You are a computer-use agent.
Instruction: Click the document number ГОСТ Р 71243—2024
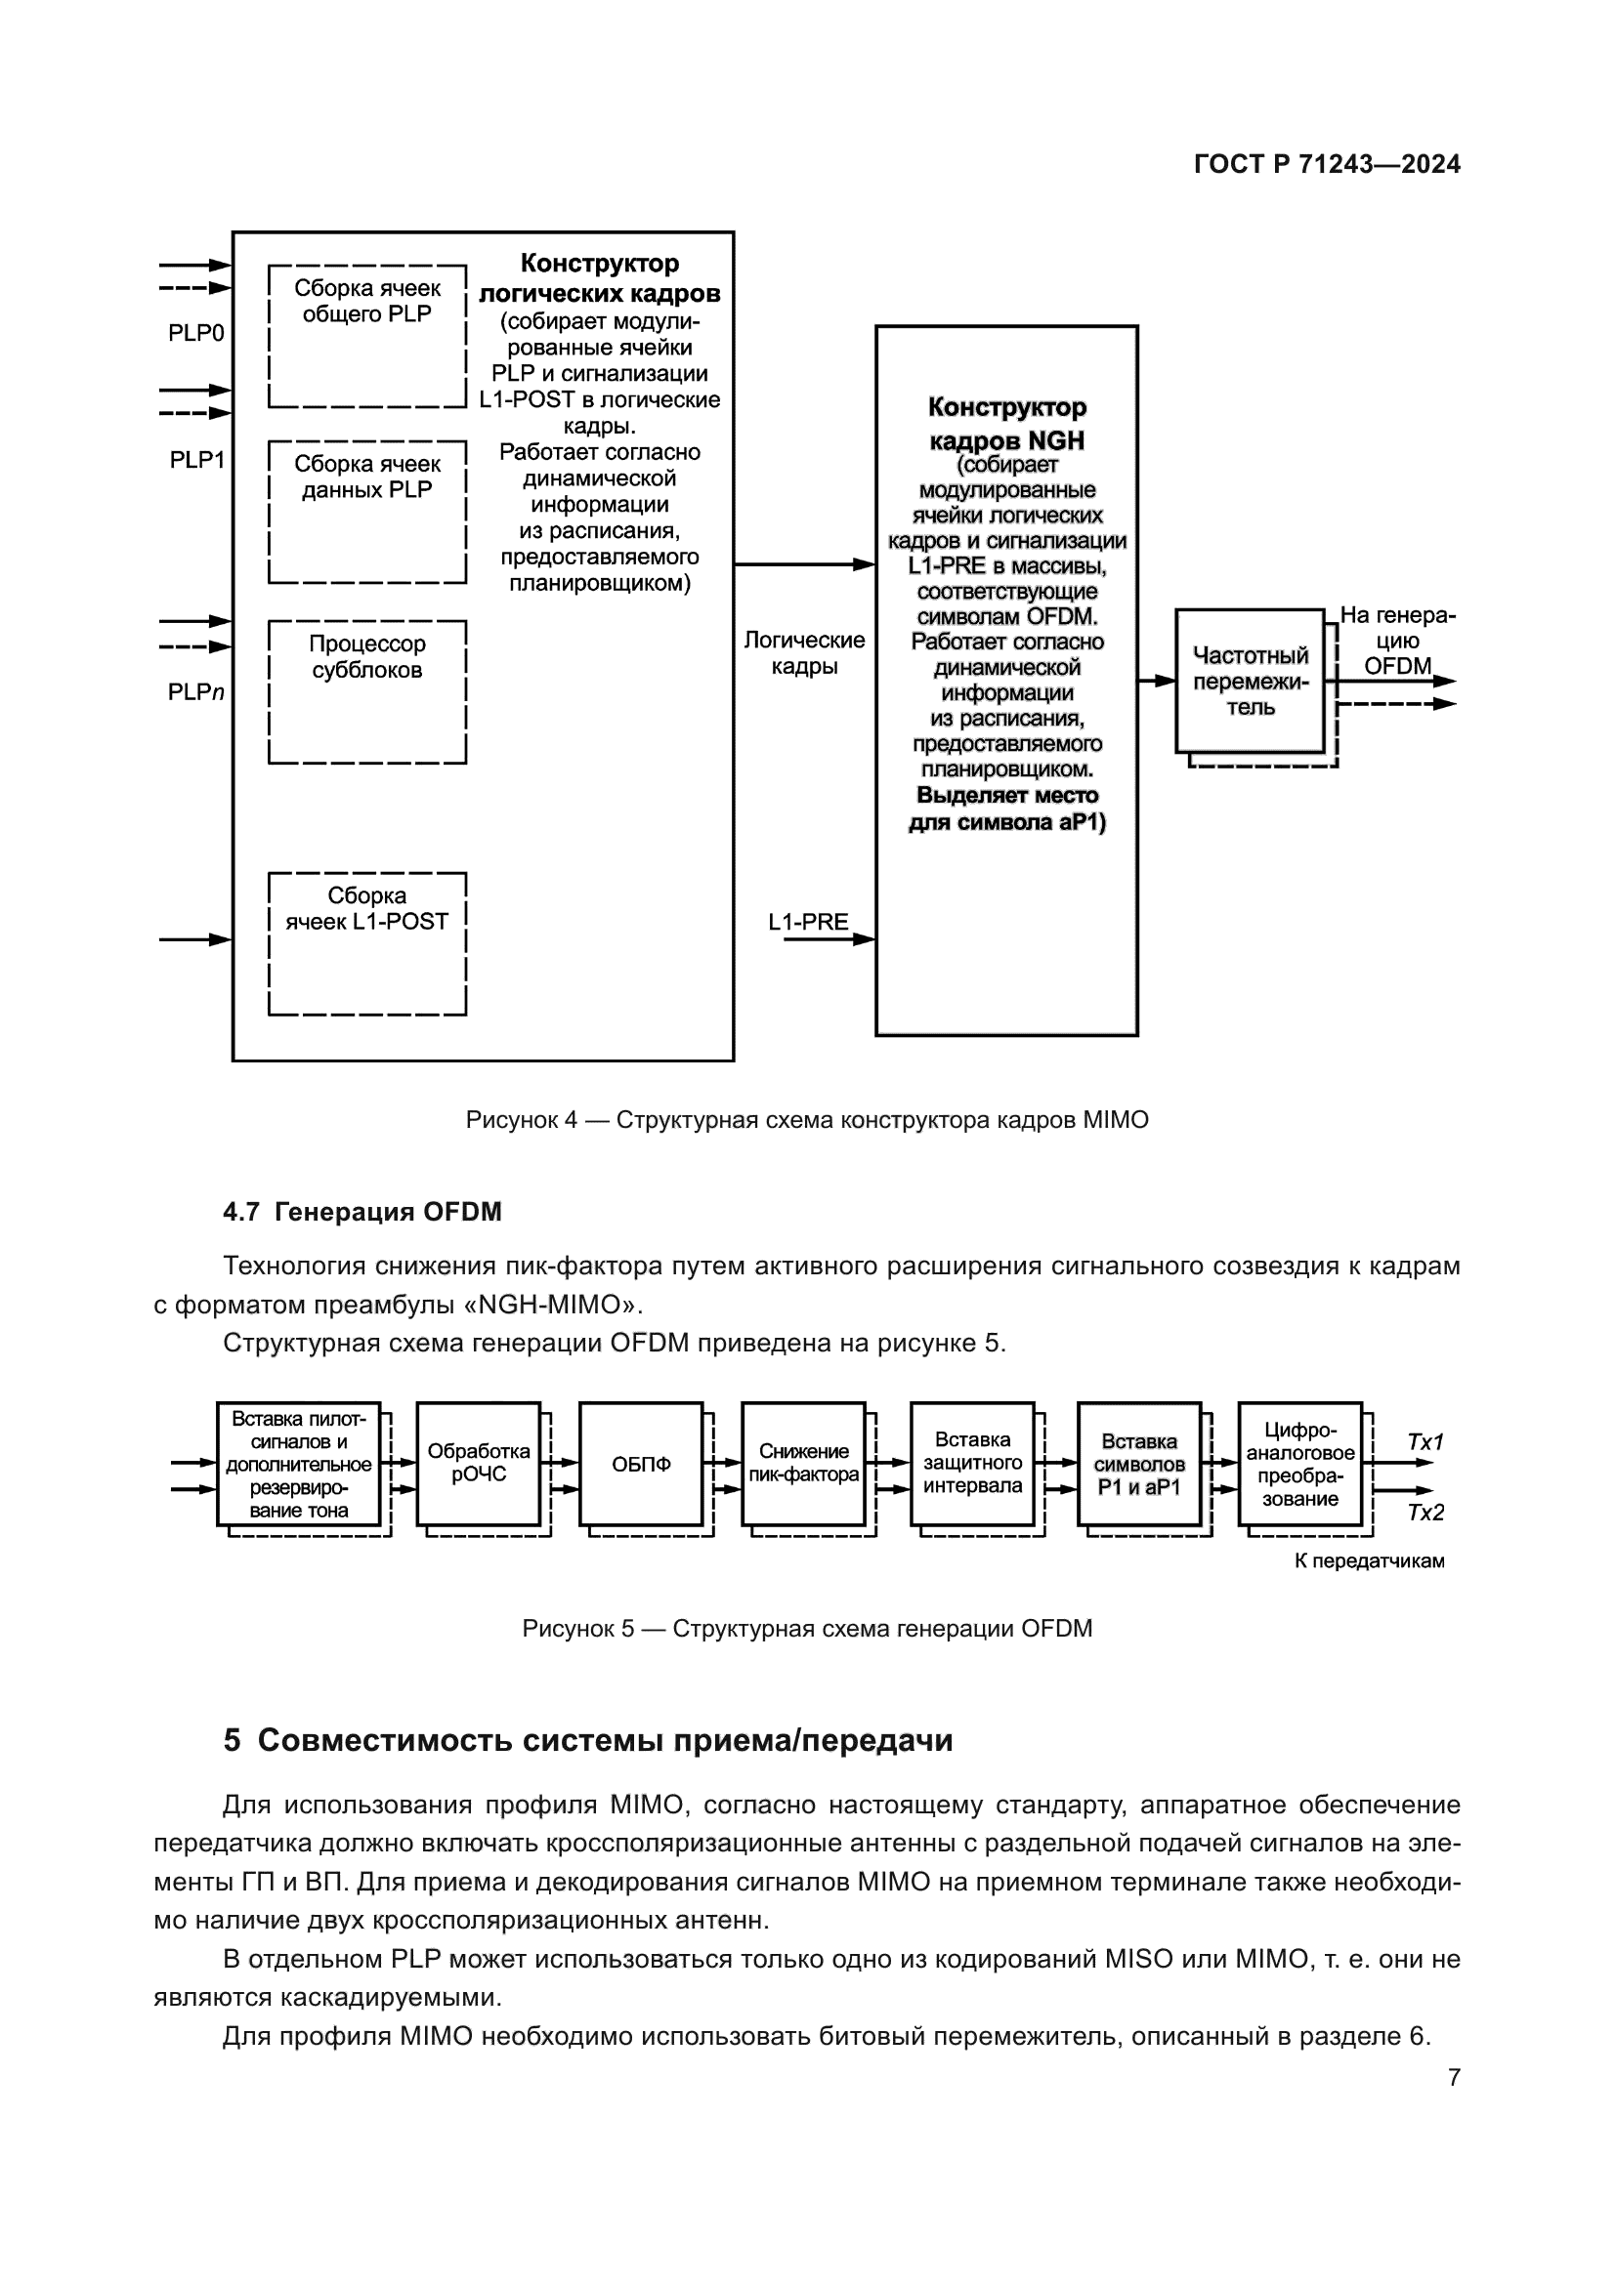pos(1327,165)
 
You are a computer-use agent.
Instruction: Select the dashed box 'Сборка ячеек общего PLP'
pos(367,336)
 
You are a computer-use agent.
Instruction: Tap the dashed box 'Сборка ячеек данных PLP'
pos(367,512)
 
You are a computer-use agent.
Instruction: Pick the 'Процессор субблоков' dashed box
pos(367,691)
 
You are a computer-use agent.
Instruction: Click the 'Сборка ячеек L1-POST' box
pos(367,943)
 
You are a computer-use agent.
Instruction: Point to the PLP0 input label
pos(196,333)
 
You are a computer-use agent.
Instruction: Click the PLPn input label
pos(196,692)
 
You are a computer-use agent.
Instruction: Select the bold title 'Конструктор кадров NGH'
pos(1006,424)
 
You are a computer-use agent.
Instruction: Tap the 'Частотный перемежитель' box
pos(1250,682)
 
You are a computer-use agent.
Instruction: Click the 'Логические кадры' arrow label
pos(804,653)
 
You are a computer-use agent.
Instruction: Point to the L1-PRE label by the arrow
pos(808,922)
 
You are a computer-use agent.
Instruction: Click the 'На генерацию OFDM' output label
pos(1397,641)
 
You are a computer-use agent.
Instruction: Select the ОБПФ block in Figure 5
pos(641,1465)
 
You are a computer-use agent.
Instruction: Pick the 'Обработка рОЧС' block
pos(479,1464)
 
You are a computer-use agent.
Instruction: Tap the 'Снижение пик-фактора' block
pos(803,1464)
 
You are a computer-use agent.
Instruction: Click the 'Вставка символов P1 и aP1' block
pos(1139,1465)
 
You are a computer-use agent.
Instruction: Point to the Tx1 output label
pos(1425,1441)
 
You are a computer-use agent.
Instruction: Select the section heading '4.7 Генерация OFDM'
pos(362,1212)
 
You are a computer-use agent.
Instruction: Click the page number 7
pos(1454,2077)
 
